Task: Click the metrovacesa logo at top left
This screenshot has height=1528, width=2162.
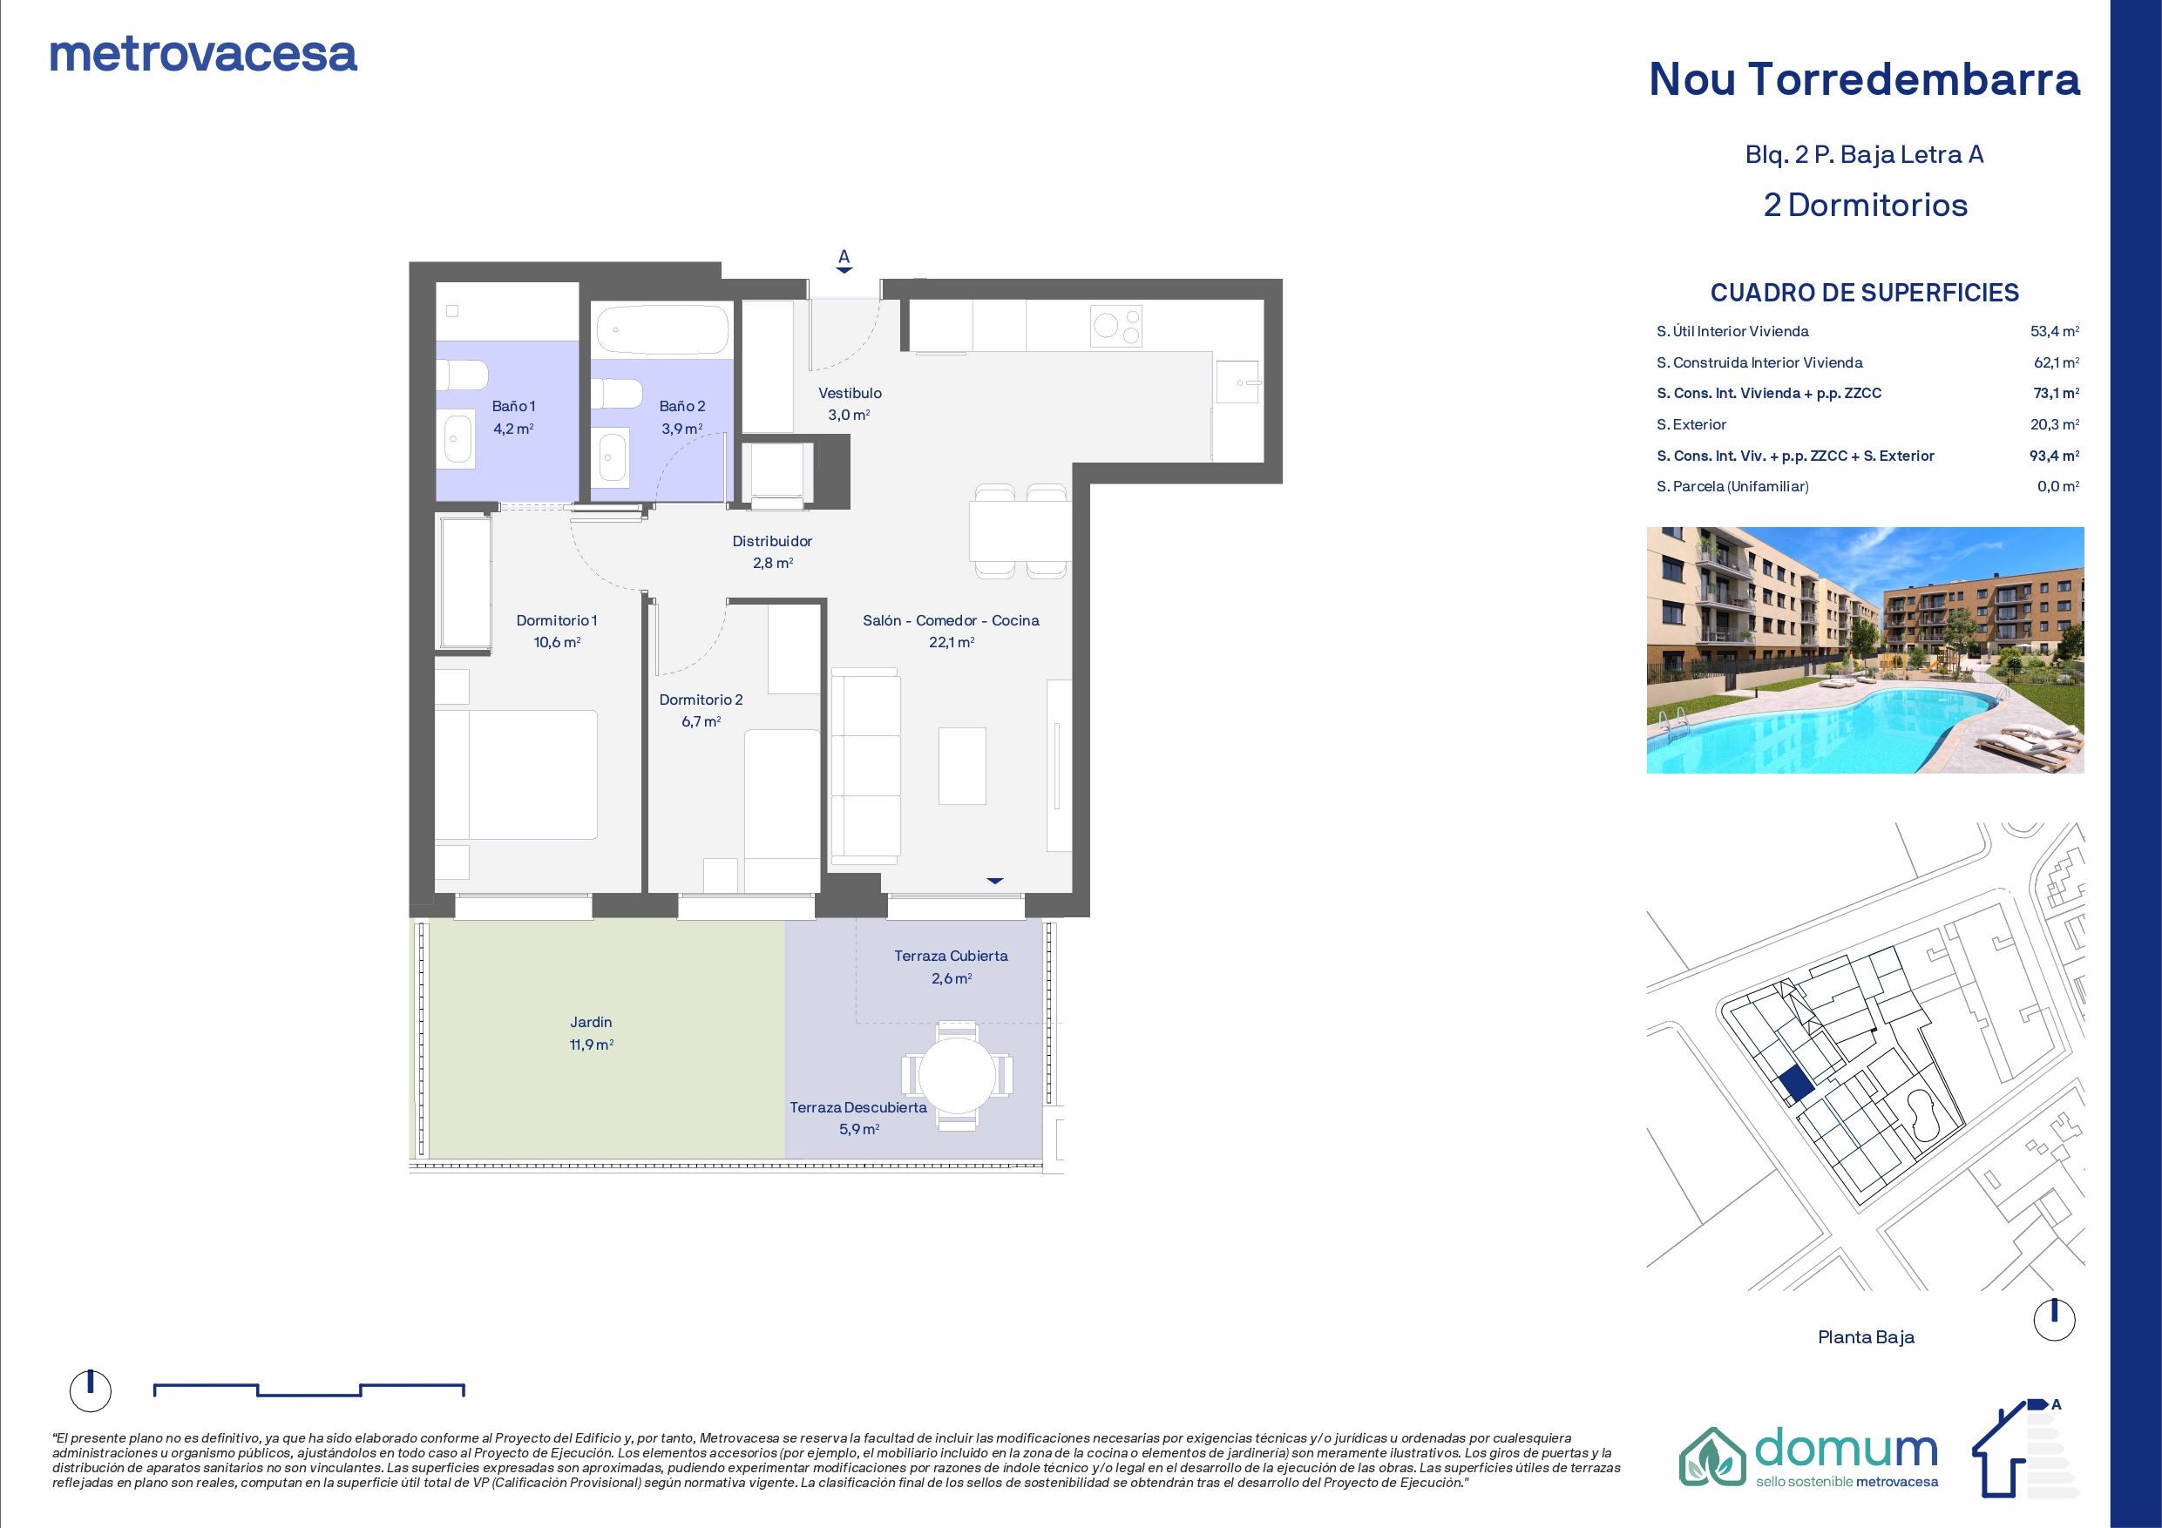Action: [x=203, y=55]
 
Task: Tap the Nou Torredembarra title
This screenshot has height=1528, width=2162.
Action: [x=1865, y=79]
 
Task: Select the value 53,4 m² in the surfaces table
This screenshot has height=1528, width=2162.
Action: [x=2055, y=331]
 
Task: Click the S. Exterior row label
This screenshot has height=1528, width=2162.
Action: [x=1692, y=424]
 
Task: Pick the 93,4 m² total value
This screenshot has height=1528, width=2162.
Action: [x=2055, y=456]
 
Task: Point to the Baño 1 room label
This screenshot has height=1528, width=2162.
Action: [x=514, y=407]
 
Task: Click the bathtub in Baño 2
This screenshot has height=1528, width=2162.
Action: [x=663, y=329]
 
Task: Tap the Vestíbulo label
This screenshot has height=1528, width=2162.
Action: [x=850, y=394]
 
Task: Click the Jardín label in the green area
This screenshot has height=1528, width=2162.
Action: [x=592, y=1022]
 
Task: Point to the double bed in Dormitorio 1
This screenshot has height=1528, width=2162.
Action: [x=516, y=774]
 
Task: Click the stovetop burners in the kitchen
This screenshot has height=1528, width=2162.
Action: [x=1117, y=326]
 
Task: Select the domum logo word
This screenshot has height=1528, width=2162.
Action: [x=1847, y=1456]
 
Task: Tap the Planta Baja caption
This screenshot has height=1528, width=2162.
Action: [x=1866, y=1337]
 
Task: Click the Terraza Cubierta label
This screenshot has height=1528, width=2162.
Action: [x=951, y=956]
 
